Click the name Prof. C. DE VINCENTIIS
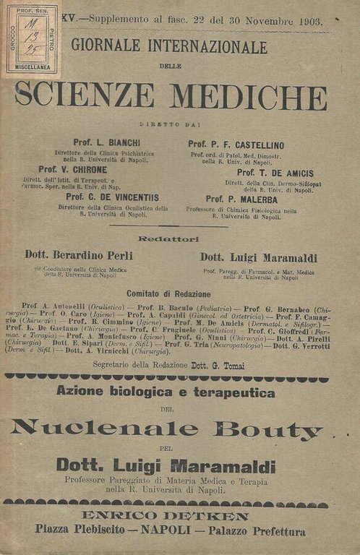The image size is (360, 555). point(112,197)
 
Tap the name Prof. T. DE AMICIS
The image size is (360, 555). point(275,173)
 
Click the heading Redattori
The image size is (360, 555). point(169,238)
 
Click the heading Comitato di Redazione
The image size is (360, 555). point(168,294)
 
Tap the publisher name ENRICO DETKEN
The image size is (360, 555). point(166,516)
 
